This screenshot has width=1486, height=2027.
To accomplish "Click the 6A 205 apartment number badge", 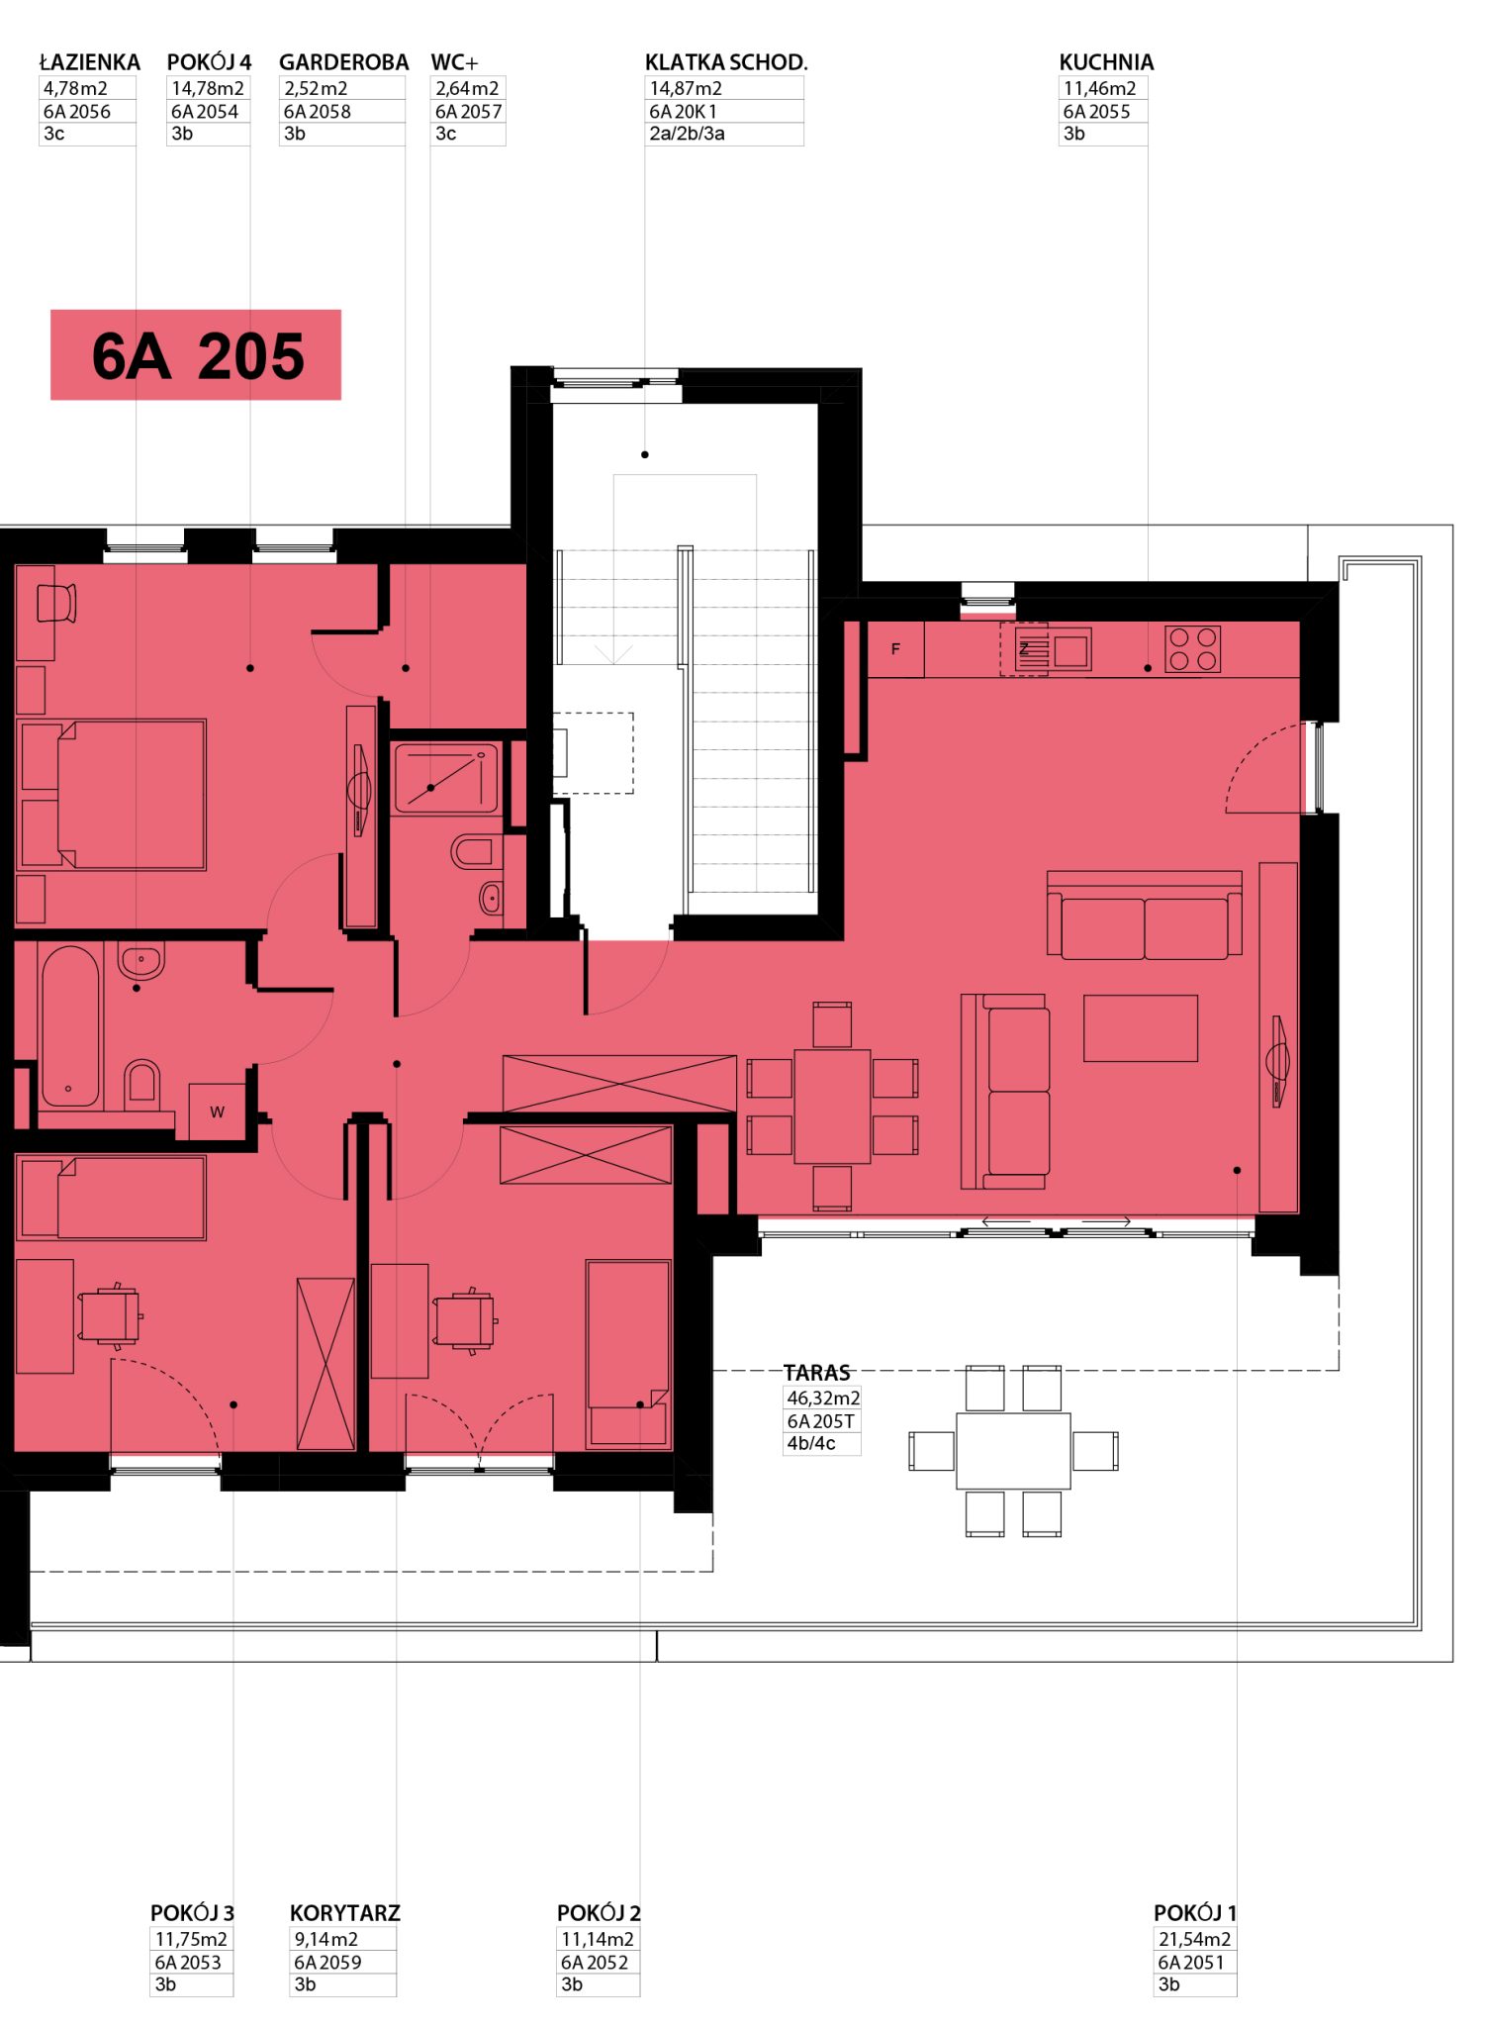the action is click(196, 354).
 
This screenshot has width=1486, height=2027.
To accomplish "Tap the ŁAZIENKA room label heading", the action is click(90, 62).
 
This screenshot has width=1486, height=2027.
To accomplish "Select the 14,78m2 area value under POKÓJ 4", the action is click(208, 88).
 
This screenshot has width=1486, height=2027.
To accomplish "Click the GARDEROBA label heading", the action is click(344, 62).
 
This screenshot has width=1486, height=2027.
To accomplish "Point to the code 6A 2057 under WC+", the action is click(469, 112).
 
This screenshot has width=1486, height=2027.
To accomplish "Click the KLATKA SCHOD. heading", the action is click(726, 62).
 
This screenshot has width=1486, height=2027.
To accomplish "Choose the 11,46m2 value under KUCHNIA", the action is click(1100, 88).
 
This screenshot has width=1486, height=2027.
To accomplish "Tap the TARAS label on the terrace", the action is click(817, 1373).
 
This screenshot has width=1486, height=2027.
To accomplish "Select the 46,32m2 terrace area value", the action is click(823, 1398).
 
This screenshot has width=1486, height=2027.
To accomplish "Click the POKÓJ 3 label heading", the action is click(192, 1913).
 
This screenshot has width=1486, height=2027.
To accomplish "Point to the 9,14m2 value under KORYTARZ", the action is click(325, 1939).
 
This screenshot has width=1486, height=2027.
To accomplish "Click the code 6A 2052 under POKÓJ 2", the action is click(595, 1962).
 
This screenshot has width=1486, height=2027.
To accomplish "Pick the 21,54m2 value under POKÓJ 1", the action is click(1195, 1939).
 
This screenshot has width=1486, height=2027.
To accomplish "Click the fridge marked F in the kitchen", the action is click(895, 649).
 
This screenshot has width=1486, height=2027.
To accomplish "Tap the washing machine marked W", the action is click(217, 1111).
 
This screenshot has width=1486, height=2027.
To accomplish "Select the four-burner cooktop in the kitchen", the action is click(1192, 649).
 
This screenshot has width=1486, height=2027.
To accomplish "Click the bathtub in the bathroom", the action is click(70, 1025).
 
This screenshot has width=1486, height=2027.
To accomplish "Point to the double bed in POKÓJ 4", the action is click(112, 795).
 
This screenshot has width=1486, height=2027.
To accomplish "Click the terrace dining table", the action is click(1013, 1451).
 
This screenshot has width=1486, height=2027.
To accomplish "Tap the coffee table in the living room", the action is click(1141, 1028).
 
